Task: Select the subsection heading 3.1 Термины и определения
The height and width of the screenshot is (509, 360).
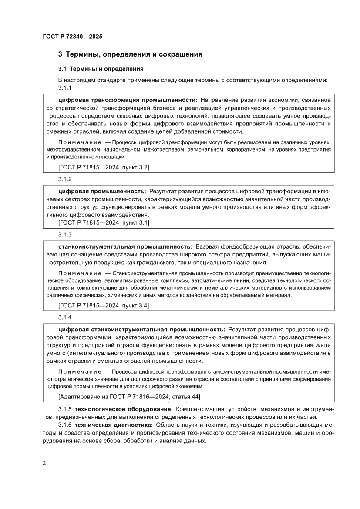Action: [101, 69]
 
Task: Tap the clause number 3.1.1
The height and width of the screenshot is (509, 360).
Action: [64, 88]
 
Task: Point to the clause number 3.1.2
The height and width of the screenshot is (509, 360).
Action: [64, 179]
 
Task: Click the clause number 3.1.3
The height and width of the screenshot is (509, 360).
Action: [64, 235]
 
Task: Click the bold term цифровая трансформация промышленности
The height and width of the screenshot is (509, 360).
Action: [128, 100]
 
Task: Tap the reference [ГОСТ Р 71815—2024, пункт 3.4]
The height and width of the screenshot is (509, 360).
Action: [103, 306]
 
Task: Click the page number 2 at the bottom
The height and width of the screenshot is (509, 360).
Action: [44, 463]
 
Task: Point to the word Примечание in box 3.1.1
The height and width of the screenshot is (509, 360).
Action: [79, 142]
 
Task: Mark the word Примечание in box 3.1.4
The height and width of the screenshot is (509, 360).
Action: [79, 371]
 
